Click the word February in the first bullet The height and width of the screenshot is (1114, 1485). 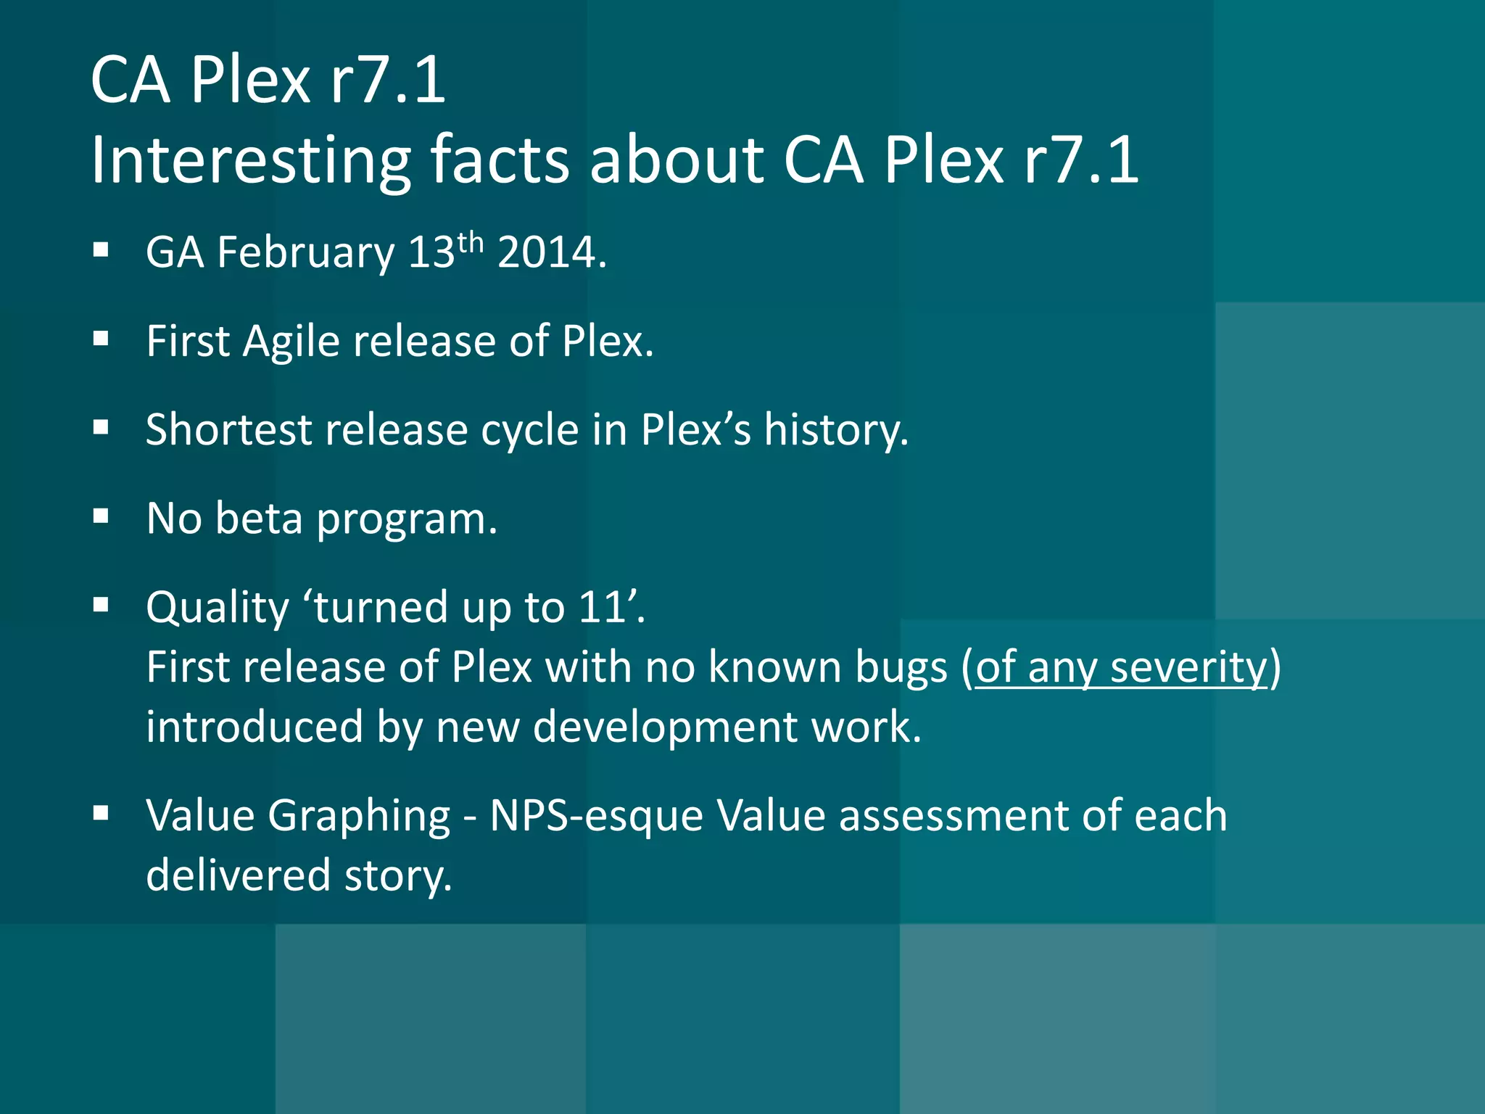305,253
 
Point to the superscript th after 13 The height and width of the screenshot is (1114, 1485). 470,242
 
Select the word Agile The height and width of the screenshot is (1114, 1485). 291,342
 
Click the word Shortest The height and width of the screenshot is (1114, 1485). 228,429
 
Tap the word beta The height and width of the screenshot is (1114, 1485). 259,519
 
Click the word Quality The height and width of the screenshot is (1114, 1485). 218,608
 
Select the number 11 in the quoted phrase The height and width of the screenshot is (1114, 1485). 602,607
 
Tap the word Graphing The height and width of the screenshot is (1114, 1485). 359,817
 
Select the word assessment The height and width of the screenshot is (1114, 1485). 954,815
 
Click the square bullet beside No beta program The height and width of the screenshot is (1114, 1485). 101,516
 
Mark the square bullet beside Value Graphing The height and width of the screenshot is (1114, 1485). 101,813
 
